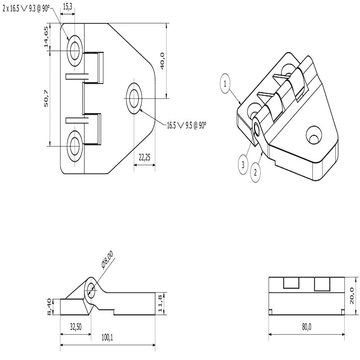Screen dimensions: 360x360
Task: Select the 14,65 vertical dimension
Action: coord(46,37)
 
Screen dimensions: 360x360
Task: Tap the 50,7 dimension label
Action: coord(46,99)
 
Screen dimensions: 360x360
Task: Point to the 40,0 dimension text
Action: coord(163,60)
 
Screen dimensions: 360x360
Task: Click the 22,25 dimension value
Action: coord(144,158)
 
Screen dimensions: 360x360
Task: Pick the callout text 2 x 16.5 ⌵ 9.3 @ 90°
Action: coord(25,8)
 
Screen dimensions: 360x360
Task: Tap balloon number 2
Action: coord(256,173)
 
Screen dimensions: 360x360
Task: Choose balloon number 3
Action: coord(243,164)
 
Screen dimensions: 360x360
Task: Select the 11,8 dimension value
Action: coord(160,303)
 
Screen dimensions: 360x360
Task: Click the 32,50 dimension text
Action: coord(75,327)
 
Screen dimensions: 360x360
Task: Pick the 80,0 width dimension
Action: coord(306,327)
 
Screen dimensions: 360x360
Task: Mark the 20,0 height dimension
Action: coord(351,295)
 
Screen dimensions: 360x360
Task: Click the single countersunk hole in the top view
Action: coord(134,98)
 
